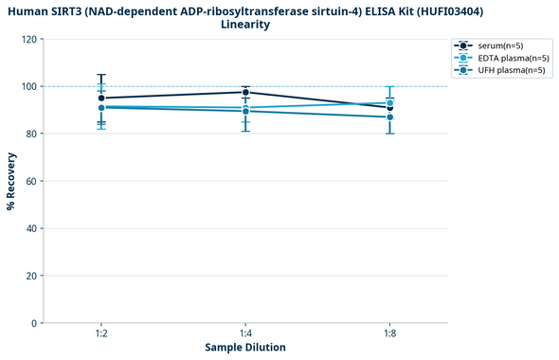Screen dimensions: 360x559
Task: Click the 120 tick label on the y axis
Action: point(28,40)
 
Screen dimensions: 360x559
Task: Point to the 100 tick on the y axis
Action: point(28,87)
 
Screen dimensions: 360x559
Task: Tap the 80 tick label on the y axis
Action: point(31,135)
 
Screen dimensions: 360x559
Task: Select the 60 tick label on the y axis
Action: point(31,182)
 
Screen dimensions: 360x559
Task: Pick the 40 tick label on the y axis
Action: point(31,229)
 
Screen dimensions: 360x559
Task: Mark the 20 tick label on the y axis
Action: point(31,277)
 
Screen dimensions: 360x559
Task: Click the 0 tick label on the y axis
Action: point(34,324)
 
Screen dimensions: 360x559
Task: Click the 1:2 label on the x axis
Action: point(101,334)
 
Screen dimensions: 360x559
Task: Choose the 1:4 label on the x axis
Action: point(245,334)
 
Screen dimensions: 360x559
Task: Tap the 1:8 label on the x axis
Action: point(390,334)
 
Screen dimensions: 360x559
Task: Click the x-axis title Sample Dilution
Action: point(245,348)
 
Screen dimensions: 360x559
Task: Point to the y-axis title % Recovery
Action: point(11,181)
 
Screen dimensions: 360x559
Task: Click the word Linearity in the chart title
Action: point(245,25)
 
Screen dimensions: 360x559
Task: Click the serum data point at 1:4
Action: point(245,92)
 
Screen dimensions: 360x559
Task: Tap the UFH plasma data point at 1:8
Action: point(390,117)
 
